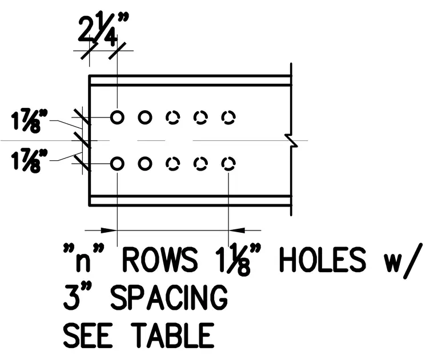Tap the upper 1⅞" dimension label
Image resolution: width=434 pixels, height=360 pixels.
[x=29, y=121]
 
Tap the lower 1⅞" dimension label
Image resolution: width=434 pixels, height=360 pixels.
[x=29, y=161]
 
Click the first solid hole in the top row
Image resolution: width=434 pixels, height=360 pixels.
[x=117, y=111]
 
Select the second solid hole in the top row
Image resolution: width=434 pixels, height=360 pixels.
[x=144, y=111]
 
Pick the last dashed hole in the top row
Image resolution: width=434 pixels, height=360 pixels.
[x=228, y=111]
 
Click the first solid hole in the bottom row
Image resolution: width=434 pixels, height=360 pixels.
[x=117, y=157]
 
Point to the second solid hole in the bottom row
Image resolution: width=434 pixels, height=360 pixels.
[x=144, y=157]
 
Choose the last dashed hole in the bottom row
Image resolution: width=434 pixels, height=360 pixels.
[x=228, y=157]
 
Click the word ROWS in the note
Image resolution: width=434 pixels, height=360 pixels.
[x=160, y=260]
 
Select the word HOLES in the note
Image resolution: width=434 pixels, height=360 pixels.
[x=323, y=260]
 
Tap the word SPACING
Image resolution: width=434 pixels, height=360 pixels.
[x=169, y=298]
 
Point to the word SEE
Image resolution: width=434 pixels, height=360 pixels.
[x=88, y=335]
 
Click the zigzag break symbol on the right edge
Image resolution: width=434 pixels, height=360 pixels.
[x=291, y=140]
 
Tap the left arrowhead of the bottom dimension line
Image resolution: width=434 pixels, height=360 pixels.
[x=108, y=230]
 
